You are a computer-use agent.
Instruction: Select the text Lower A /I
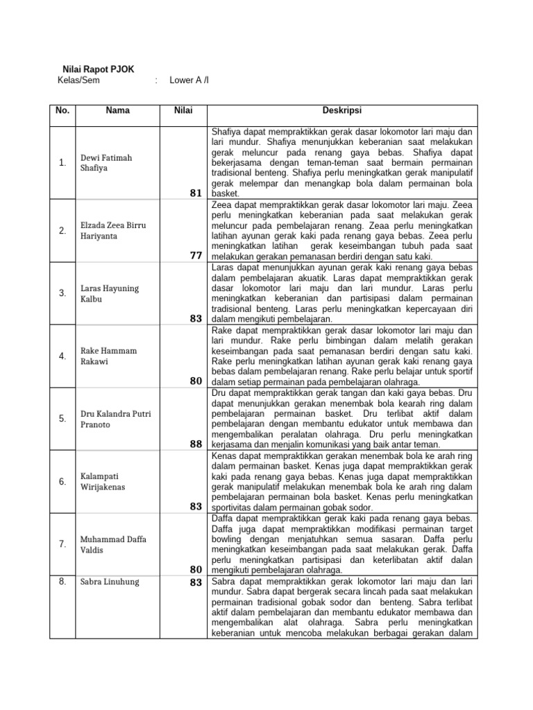point(189,80)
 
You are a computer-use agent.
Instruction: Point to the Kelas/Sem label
point(79,80)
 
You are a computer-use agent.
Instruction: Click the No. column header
point(62,110)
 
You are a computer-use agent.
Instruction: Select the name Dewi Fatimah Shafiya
point(106,162)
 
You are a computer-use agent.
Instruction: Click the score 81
point(195,193)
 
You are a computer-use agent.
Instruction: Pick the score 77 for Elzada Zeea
point(195,256)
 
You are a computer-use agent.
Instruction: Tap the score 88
point(195,444)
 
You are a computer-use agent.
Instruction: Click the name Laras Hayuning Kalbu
point(110,294)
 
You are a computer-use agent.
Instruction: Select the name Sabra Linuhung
point(110,582)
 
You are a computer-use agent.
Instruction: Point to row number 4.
point(62,356)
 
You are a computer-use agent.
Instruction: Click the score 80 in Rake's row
point(195,381)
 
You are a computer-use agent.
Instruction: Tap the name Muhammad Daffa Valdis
point(113,544)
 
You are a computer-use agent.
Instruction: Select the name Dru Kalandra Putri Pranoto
point(116,419)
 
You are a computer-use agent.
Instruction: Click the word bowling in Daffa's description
point(226,539)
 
